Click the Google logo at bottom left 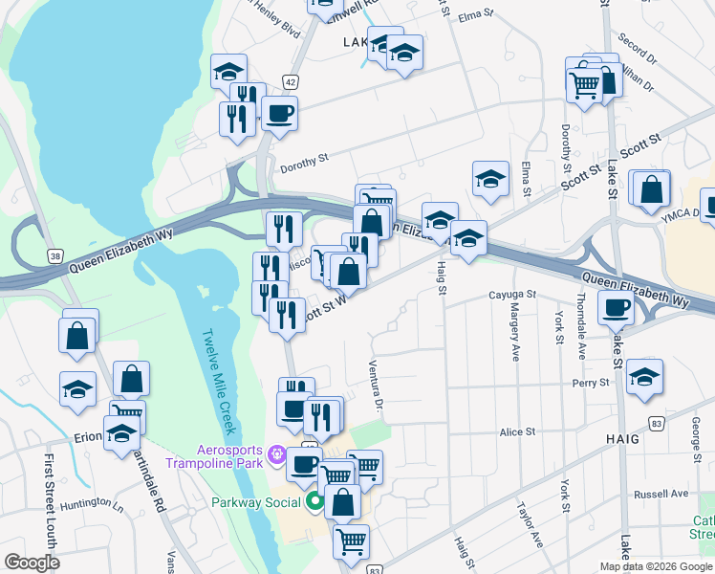(32, 563)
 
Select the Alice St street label (517, 432)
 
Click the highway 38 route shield (55, 254)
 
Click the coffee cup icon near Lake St (616, 308)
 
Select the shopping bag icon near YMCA (651, 190)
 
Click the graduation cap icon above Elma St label (490, 179)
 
